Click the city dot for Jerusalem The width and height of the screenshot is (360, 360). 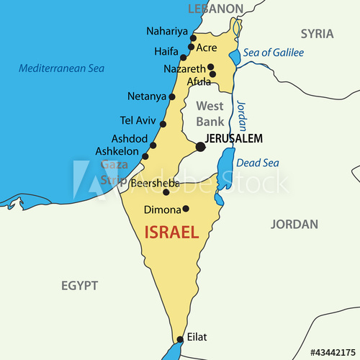(200, 148)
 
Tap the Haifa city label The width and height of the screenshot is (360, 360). (166, 52)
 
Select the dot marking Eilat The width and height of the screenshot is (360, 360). (179, 339)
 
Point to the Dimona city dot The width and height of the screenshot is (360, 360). (186, 209)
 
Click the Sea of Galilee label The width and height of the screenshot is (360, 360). (273, 53)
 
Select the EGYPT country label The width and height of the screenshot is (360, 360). (79, 286)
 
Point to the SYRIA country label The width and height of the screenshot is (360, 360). (317, 33)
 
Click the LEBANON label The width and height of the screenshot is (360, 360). (215, 9)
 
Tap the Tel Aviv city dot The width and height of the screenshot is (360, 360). (163, 124)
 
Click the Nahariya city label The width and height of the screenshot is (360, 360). (166, 31)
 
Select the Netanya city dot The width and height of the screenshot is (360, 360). (172, 96)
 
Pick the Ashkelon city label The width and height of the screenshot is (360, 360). (117, 152)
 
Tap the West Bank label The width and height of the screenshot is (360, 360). (210, 114)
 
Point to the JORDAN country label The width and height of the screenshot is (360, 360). (294, 225)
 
